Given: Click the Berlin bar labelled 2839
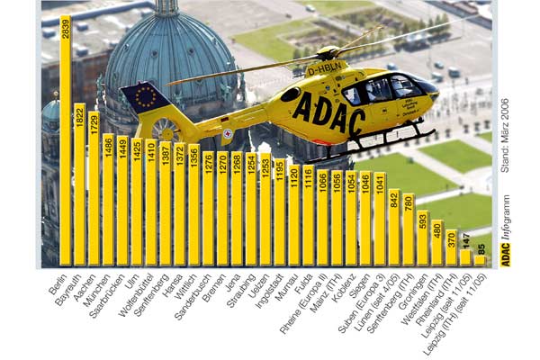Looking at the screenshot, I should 65,144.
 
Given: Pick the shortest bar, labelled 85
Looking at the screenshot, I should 481,260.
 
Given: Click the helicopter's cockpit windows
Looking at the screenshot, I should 378,90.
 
